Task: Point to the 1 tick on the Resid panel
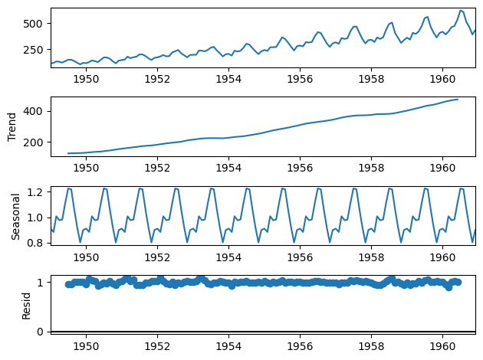coord(42,283)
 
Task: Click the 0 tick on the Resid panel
coord(42,331)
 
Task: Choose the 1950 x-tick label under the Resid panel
coord(86,345)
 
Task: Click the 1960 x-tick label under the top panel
coord(442,78)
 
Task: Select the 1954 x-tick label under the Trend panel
coord(228,167)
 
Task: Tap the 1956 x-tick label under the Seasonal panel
coord(300,256)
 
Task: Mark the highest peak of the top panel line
coord(461,10)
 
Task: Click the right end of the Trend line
coord(458,99)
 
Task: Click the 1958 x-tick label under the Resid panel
coord(371,345)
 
